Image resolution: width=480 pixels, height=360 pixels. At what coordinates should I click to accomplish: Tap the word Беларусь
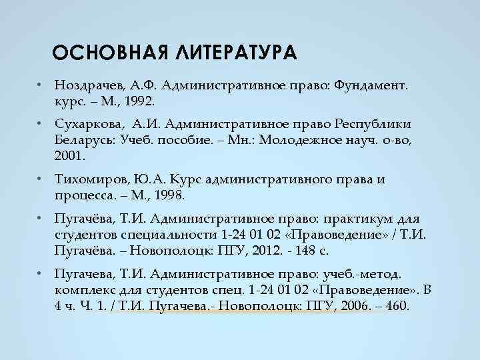(x=84, y=140)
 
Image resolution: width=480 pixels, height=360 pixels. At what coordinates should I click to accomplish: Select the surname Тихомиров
(x=91, y=180)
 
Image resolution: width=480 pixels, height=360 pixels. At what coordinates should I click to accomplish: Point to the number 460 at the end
(x=397, y=305)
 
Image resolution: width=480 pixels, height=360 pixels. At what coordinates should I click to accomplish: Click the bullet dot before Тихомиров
(x=41, y=180)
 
